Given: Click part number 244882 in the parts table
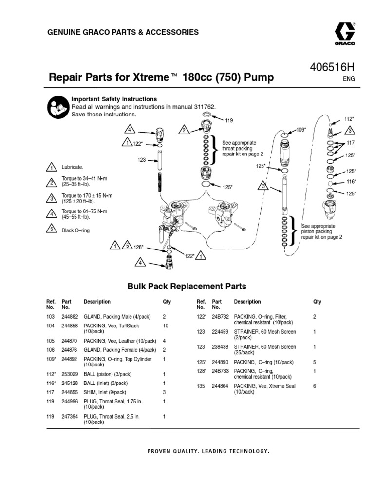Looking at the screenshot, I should tap(70, 316).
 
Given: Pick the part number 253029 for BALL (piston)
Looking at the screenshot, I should tap(70, 374).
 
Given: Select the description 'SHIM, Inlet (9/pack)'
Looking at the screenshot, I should tap(105, 392).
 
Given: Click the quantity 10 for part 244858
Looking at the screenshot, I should tap(165, 325).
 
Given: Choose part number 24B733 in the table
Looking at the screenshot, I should tap(220, 371).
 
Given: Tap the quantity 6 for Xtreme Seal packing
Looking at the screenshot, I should tap(314, 386).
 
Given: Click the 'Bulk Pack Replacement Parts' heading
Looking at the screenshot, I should tap(187, 287).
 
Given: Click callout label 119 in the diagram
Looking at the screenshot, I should tap(229, 119).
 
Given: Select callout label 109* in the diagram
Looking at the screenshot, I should tap(301, 129).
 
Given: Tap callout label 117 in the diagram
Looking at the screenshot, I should tap(351, 143).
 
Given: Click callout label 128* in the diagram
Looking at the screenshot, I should tap(138, 247).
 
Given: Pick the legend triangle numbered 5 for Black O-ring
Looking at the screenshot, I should tap(51, 230).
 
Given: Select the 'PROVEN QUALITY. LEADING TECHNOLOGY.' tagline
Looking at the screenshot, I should tap(208, 451).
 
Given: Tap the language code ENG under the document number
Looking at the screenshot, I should tap(349, 78).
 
